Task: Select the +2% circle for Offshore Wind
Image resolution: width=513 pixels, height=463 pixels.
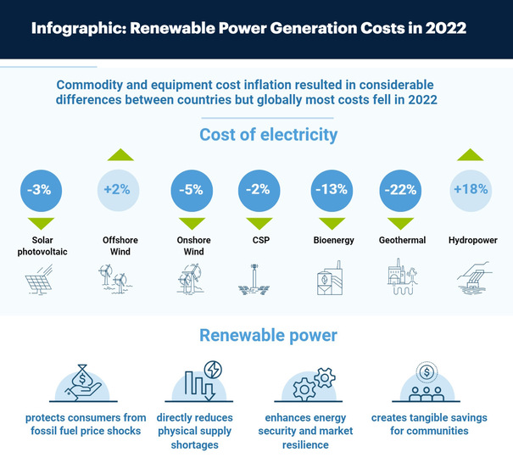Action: [x=119, y=190]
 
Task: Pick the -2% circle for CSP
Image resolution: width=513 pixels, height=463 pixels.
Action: [x=257, y=190]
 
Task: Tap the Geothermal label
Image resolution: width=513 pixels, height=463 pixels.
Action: [x=402, y=241]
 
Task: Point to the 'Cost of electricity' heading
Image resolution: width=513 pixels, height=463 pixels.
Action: [x=268, y=135]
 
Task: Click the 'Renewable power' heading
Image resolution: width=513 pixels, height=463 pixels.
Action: [x=268, y=336]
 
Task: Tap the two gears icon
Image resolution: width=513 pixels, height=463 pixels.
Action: [x=310, y=382]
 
